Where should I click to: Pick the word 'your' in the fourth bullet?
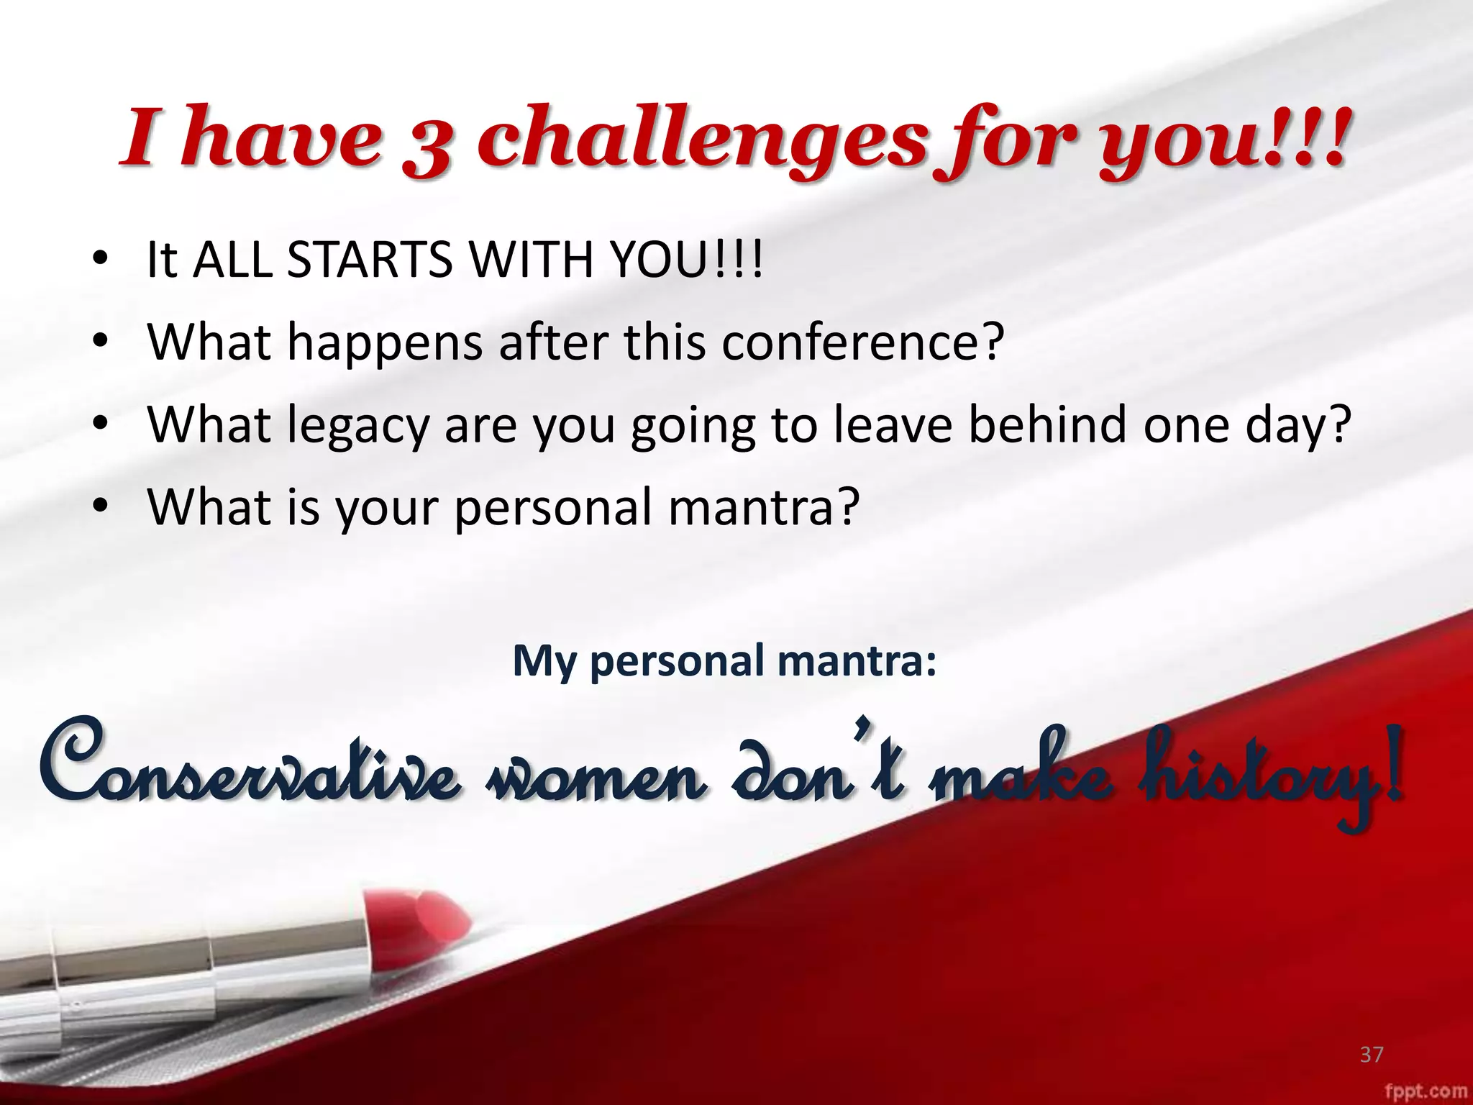386,509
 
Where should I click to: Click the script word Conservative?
248,766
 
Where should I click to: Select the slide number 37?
1371,1055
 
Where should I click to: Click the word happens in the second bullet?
385,342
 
